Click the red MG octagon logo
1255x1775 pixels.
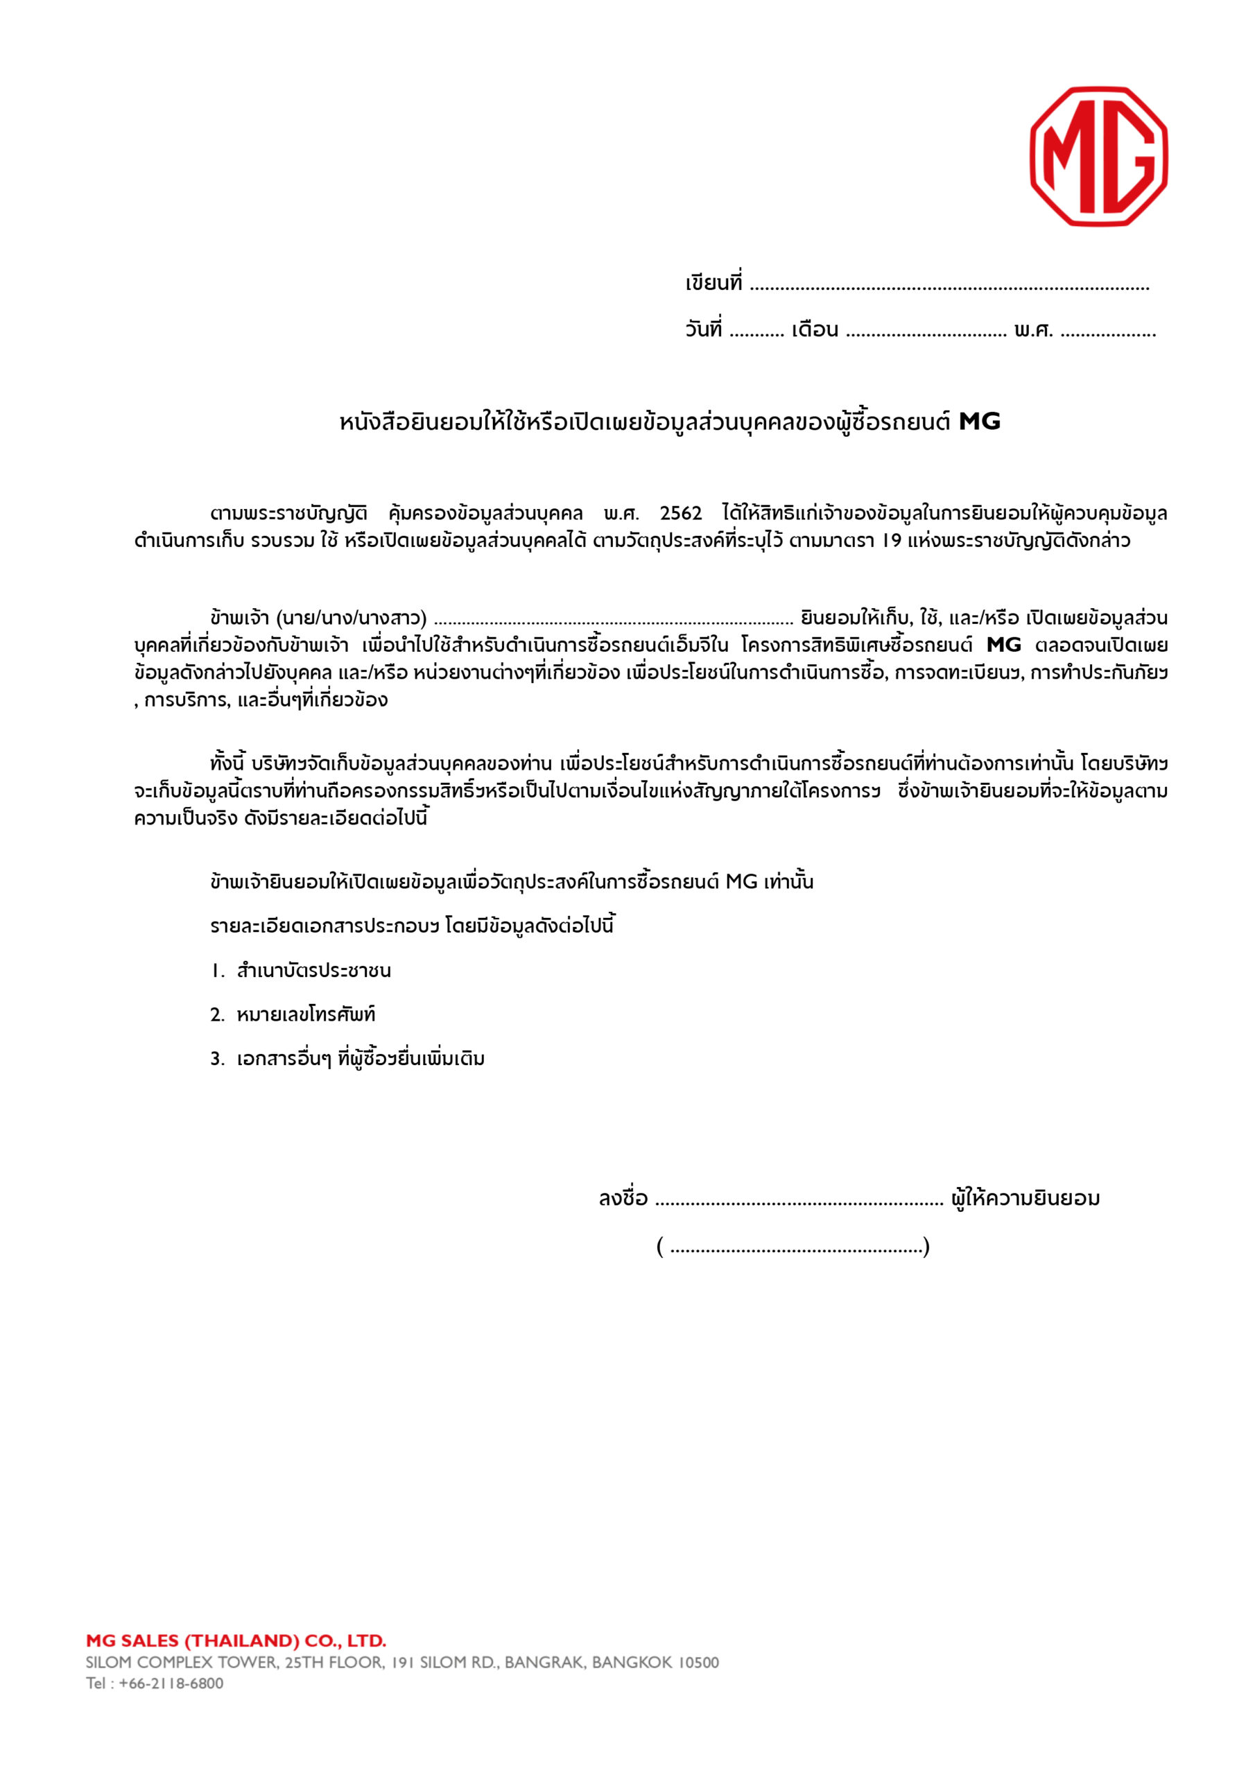click(1098, 156)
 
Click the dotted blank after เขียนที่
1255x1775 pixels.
click(949, 286)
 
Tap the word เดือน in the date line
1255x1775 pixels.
click(814, 330)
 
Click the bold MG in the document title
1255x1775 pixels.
click(979, 422)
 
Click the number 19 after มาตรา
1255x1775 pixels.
click(891, 540)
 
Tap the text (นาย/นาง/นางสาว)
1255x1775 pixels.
click(351, 618)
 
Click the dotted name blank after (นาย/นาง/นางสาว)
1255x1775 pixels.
click(613, 620)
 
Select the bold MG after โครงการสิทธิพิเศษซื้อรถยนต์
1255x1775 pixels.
click(1004, 645)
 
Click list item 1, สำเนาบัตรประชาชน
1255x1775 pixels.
click(313, 970)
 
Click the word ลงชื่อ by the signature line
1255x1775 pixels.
click(623, 1198)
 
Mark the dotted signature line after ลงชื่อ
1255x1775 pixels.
click(799, 1202)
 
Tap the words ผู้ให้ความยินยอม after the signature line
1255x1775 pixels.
click(1025, 1198)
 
